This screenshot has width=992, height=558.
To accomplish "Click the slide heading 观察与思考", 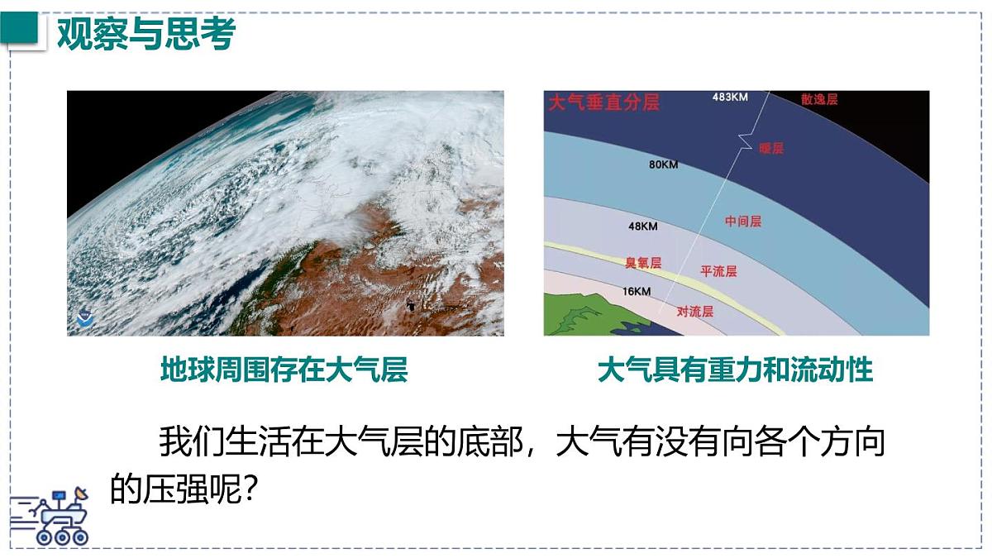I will point(145,34).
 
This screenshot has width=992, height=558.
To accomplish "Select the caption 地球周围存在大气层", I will point(284,370).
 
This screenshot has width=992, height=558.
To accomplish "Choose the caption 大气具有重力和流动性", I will point(735,370).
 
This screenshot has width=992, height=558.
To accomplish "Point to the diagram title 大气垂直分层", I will point(603,103).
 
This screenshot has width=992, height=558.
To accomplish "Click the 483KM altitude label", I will point(730,98).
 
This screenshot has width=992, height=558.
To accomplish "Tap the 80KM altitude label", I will point(663,165).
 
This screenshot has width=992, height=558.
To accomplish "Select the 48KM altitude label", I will point(643,226).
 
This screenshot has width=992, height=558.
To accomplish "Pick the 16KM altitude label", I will point(637,291).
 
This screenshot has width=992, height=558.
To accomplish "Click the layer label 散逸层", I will point(819,99).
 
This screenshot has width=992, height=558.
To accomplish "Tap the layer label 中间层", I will point(742,222).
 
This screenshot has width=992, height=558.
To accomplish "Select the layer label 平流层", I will point(718,271).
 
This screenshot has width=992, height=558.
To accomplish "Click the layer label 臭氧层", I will point(643,263).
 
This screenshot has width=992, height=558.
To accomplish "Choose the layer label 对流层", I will point(694,312).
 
